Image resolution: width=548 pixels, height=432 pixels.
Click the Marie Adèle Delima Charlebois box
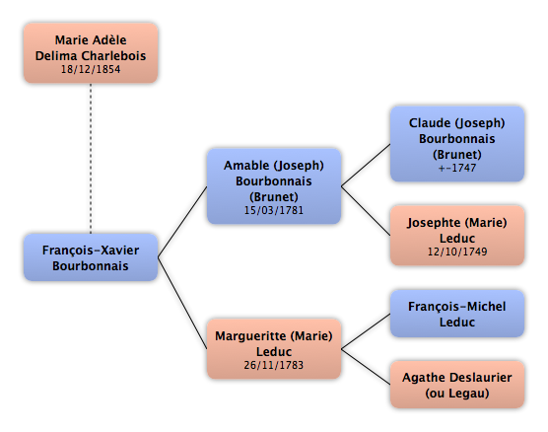click(91, 53)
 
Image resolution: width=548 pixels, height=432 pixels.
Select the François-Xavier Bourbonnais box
click(91, 257)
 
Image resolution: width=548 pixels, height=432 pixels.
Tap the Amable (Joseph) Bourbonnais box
click(274, 186)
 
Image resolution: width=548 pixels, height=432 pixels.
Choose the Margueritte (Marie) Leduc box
click(274, 349)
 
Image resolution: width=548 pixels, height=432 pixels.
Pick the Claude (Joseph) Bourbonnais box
click(457, 144)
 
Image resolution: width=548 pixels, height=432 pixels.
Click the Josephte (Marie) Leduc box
click(457, 236)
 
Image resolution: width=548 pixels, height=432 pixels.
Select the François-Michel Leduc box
click(457, 314)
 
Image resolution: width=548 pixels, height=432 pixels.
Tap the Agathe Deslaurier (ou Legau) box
click(457, 385)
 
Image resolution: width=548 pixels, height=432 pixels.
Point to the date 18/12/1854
click(91, 69)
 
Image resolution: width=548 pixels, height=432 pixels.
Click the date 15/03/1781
click(274, 210)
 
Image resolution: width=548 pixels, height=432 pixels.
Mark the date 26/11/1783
click(274, 365)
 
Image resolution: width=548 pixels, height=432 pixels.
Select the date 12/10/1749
click(457, 252)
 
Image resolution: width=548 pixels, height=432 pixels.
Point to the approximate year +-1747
click(457, 168)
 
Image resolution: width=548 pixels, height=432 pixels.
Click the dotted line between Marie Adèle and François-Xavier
click(91, 159)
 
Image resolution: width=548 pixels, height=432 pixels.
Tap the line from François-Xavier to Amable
click(182, 222)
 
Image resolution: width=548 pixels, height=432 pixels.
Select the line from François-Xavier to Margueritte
click(182, 303)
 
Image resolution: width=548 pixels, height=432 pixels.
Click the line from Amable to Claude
click(366, 165)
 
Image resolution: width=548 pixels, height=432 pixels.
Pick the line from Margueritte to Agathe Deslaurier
click(366, 367)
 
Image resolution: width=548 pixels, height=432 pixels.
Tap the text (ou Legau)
click(457, 394)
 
